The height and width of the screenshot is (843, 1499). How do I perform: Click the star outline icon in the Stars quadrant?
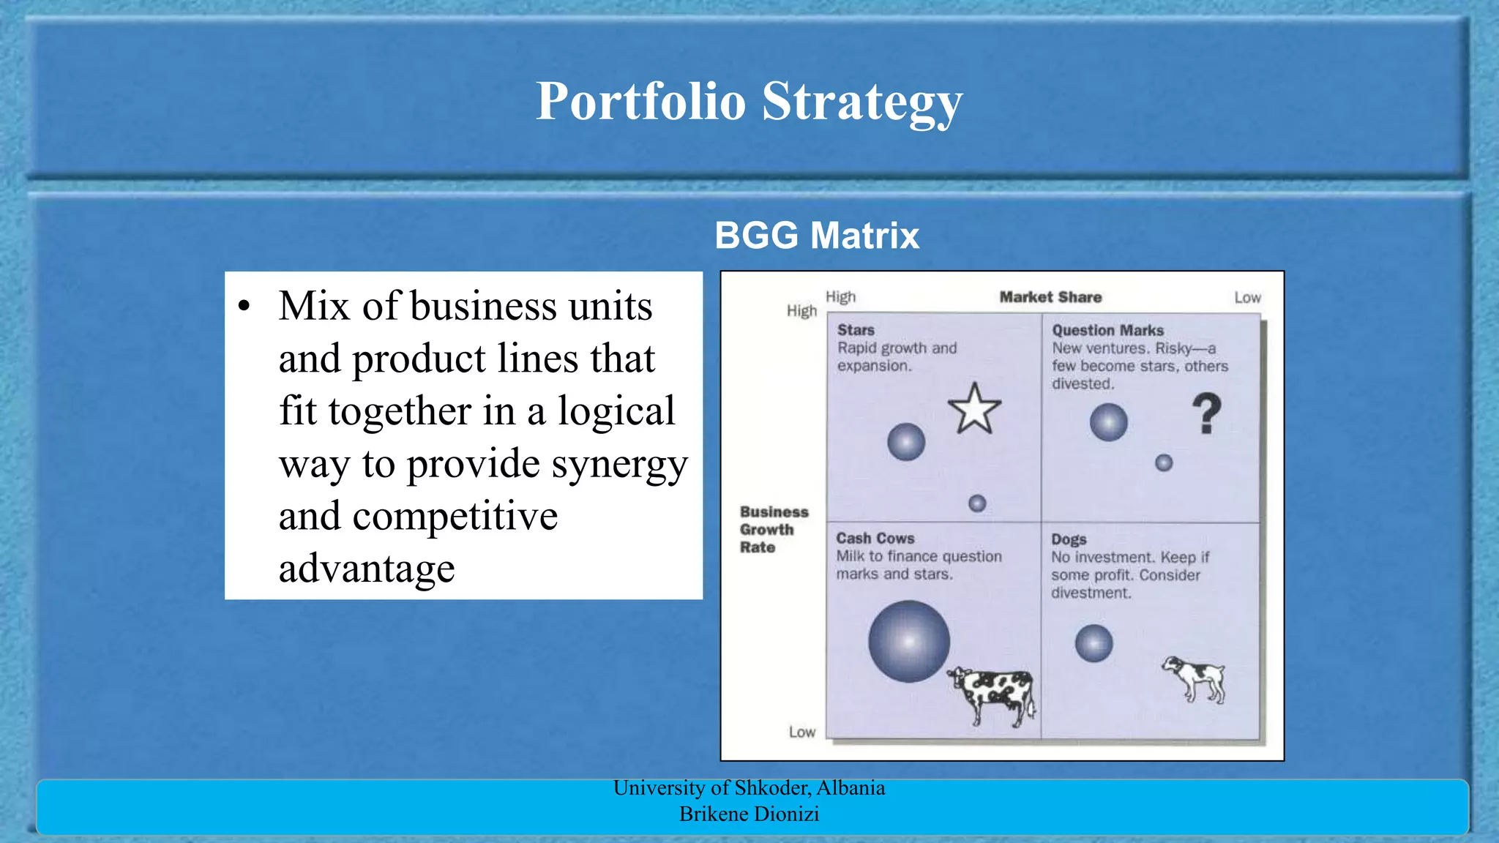[x=974, y=410]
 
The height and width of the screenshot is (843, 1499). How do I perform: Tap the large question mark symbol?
[x=1206, y=413]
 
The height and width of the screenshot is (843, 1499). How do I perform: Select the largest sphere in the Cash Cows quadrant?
[x=909, y=641]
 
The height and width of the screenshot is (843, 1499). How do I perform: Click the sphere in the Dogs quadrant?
[x=1094, y=643]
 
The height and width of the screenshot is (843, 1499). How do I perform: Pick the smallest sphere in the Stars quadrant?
[x=977, y=503]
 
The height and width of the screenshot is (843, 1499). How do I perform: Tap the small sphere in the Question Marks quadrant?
[x=1164, y=462]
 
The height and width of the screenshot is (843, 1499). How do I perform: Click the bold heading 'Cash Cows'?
[x=875, y=539]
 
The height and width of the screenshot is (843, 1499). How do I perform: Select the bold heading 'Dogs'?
[x=1069, y=539]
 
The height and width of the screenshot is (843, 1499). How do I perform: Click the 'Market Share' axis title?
[x=1050, y=297]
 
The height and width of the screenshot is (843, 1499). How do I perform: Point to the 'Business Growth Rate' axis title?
[x=773, y=529]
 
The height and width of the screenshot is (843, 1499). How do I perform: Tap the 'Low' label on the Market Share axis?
[x=1247, y=298]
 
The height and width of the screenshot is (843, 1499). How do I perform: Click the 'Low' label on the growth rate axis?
[x=801, y=732]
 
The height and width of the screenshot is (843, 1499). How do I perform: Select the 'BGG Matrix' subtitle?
[x=817, y=236]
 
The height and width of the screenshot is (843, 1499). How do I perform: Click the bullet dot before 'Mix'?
[x=244, y=307]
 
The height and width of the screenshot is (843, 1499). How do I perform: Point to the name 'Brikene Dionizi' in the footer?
[x=749, y=814]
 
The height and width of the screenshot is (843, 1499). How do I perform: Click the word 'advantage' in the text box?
[x=367, y=569]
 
